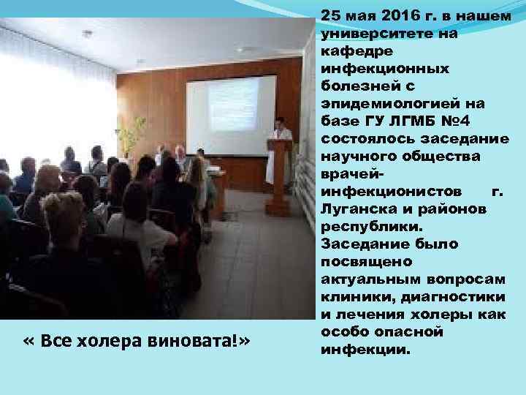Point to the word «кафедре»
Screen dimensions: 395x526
pyautogui.click(x=347, y=50)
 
